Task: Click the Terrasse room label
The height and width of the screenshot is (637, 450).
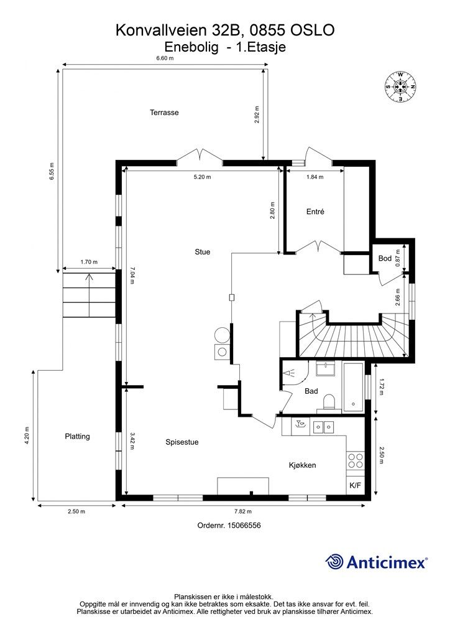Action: [x=164, y=113]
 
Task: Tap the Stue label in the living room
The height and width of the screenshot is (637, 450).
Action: [x=203, y=252]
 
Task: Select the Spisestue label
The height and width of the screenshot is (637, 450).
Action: [x=181, y=442]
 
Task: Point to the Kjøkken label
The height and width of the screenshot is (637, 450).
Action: [x=302, y=465]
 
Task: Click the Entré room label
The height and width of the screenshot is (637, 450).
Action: [x=315, y=212]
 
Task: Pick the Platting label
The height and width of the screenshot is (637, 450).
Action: [x=77, y=436]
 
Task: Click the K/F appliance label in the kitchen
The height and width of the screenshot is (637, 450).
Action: [x=355, y=485]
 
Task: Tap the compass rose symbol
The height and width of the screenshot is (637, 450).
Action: [x=400, y=86]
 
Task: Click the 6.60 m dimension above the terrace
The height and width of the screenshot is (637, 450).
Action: [x=165, y=58]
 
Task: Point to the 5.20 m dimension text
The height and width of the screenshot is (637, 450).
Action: [x=202, y=177]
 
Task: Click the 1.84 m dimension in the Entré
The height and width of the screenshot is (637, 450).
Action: [x=315, y=177]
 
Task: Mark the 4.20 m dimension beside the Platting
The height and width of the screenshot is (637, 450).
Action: [x=27, y=435]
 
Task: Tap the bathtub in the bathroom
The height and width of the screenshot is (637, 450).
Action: [x=354, y=387]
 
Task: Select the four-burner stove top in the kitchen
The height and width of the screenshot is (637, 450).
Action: [x=356, y=460]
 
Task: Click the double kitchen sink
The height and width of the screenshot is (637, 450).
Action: [x=323, y=427]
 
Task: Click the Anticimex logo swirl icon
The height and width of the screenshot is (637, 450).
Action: [x=334, y=562]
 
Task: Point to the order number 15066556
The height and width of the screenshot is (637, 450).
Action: [x=244, y=525]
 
